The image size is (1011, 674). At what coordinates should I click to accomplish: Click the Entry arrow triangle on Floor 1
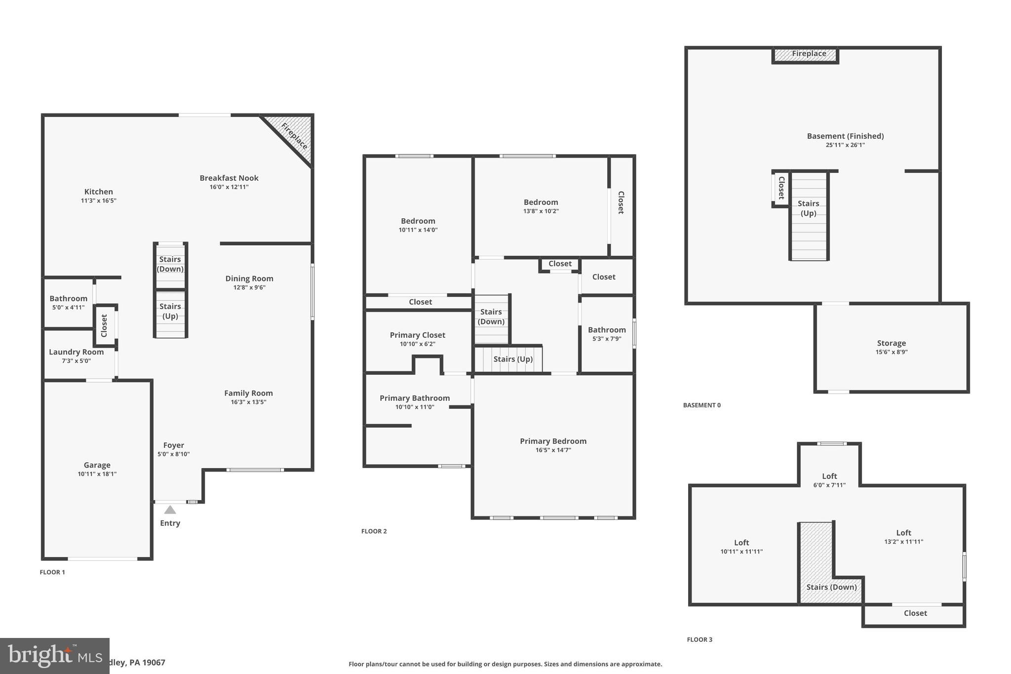(x=170, y=510)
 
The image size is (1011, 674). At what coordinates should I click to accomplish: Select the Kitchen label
(x=98, y=192)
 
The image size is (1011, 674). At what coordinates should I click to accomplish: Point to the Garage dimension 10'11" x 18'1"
(x=97, y=474)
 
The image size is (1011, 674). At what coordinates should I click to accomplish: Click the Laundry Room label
(x=76, y=352)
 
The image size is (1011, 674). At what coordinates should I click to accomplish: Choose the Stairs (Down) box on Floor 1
(x=170, y=265)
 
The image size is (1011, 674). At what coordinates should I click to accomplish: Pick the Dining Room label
(x=249, y=278)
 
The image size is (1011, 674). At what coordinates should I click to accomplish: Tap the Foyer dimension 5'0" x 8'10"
(x=173, y=454)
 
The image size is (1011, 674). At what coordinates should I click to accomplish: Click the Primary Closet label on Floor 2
(x=417, y=335)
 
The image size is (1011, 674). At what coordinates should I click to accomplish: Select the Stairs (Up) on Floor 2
(x=513, y=359)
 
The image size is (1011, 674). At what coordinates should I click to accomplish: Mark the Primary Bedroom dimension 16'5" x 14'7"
(x=553, y=450)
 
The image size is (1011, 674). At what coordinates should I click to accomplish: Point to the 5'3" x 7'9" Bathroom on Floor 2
(x=607, y=334)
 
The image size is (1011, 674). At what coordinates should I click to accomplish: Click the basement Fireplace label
(x=809, y=54)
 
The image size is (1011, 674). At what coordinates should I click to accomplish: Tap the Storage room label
(x=891, y=343)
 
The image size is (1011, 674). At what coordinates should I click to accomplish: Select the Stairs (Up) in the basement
(x=808, y=208)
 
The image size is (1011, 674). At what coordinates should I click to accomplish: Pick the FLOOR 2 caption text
(x=374, y=531)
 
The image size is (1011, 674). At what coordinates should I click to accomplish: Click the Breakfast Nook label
(x=229, y=178)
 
